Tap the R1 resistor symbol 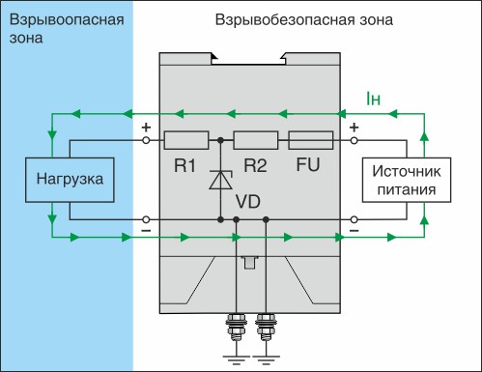tap(186, 140)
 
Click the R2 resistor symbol tap(256, 140)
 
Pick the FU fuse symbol tap(311, 140)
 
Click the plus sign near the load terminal tap(147, 127)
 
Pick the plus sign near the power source tap(354, 127)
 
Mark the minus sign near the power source tap(354, 232)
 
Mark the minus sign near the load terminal tap(147, 232)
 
